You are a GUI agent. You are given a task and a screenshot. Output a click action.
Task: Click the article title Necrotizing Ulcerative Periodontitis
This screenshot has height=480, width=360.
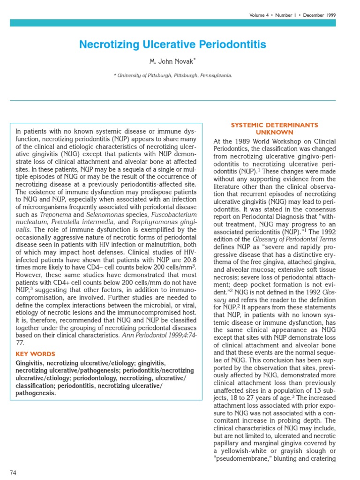point(172,45)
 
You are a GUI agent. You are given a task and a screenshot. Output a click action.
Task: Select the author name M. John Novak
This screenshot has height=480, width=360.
point(172,61)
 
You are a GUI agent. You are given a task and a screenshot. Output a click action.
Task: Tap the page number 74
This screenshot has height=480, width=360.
point(13,472)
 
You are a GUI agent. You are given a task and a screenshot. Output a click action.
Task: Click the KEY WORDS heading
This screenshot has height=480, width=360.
point(36,354)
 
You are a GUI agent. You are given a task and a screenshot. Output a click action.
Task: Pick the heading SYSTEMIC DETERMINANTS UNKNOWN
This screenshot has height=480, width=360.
point(274,128)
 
